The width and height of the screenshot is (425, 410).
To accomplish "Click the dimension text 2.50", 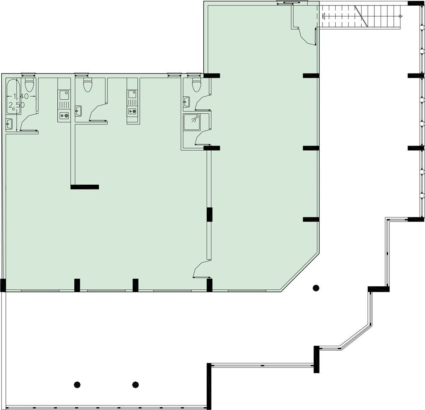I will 17,105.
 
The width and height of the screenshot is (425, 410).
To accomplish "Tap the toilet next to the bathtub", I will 29,85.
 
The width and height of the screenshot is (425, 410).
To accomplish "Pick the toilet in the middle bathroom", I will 88,85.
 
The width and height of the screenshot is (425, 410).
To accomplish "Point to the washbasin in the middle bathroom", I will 78,111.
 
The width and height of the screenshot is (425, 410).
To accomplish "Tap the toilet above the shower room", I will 196,85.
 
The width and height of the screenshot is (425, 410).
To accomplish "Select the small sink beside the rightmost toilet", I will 186,101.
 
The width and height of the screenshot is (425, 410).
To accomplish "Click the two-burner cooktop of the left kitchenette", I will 64,115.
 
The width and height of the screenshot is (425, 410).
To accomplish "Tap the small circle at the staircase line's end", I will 401,16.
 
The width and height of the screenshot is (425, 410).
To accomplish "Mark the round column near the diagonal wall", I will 316,287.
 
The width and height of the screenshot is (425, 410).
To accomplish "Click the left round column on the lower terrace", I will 77,385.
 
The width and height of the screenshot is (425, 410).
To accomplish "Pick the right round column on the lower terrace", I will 135,385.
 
